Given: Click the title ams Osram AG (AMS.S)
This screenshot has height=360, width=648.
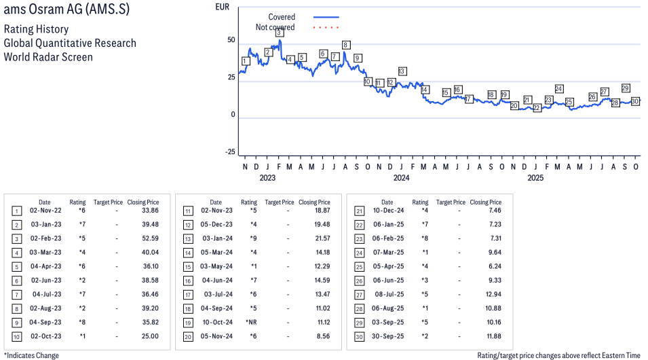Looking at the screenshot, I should pos(66,11).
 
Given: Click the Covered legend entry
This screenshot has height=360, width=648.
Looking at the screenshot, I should pos(282,17).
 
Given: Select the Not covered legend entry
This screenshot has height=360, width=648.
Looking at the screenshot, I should pos(275,27).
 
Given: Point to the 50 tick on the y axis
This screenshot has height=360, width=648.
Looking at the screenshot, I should pos(231,40).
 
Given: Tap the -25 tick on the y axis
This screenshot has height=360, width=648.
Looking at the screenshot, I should pos(230,151).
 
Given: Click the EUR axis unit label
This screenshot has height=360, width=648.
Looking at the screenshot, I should pos(222,7).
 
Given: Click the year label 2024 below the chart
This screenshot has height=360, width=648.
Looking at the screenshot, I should pos(401,178).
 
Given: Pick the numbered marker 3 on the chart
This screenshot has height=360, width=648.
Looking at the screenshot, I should pos(280,32).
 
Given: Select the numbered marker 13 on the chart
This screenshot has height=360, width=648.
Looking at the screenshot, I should pos(402,71).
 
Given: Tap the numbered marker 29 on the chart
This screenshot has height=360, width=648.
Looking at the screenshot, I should pos(626,88).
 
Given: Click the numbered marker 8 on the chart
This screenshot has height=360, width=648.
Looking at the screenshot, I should pos(346,45).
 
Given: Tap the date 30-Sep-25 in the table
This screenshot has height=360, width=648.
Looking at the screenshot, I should pos(387,336).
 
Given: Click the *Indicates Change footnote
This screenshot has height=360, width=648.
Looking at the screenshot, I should pos(31,355).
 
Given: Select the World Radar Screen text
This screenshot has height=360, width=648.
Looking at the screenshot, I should pos(48,56).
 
